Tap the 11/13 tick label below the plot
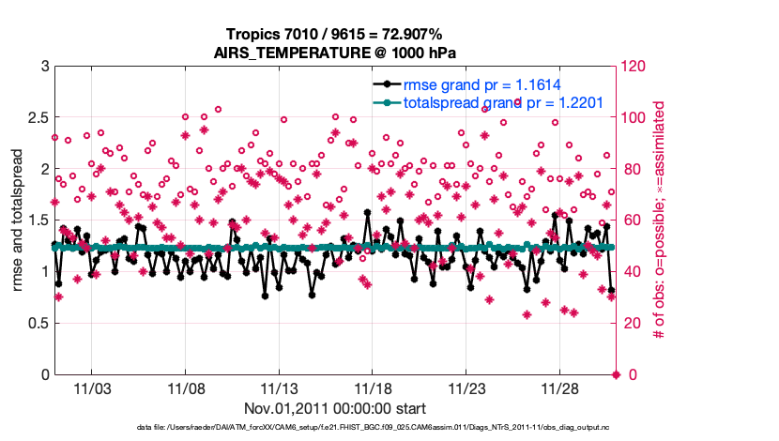tap(279, 387)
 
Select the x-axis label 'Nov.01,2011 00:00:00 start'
tap(335, 408)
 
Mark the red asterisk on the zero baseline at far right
tap(617, 374)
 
